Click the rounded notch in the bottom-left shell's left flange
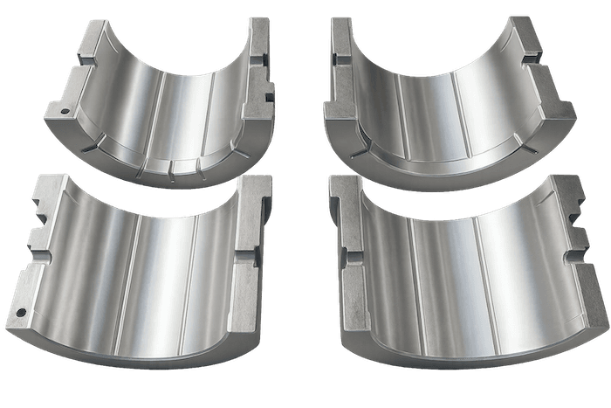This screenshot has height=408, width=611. pyautogui.click(x=39, y=236)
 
